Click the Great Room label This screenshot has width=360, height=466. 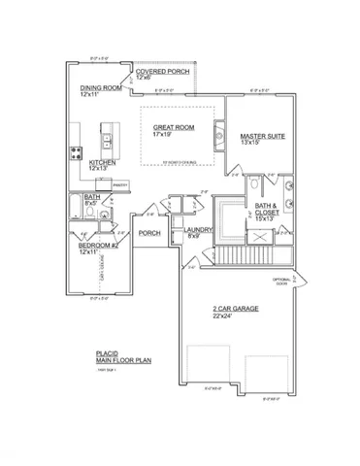[176, 126]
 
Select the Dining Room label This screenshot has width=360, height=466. [101, 86]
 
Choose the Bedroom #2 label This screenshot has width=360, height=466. [98, 246]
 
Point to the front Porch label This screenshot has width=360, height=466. [149, 233]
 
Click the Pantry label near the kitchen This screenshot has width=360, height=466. [120, 183]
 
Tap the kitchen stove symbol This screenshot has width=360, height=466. [75, 152]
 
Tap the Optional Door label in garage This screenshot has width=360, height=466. [282, 282]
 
